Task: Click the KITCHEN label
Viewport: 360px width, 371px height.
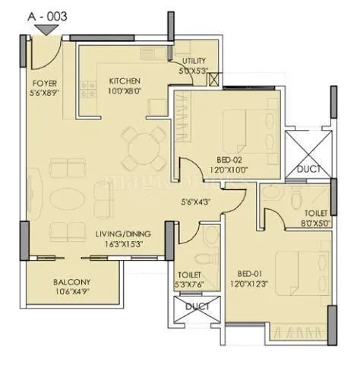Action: tap(123, 80)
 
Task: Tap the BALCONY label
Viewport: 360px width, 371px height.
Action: tap(71, 281)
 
